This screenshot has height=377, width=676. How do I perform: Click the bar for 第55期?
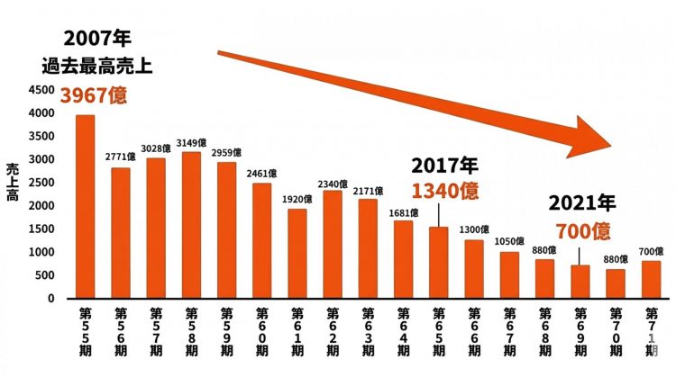point(85,207)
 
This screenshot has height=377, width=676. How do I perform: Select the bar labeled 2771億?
point(121,233)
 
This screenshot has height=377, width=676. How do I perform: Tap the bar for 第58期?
point(191,225)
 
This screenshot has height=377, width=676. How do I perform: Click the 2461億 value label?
point(261,173)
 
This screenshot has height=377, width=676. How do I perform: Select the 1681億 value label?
point(402,212)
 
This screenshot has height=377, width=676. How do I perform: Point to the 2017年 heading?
point(444,166)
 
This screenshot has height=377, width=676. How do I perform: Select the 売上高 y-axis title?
point(13,182)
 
